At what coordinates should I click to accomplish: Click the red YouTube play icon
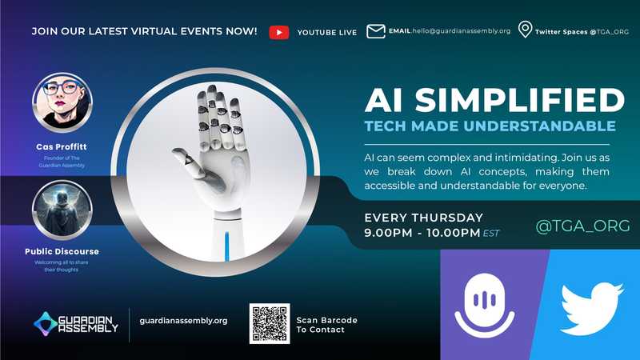tap(279, 32)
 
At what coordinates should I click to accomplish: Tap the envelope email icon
tap(375, 31)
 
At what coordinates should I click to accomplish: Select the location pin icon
tap(525, 30)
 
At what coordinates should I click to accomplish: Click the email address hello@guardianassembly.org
tap(462, 31)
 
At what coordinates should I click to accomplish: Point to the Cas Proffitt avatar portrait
tap(62, 102)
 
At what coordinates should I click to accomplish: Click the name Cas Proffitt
tap(62, 146)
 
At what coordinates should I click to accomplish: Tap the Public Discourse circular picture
tap(62, 210)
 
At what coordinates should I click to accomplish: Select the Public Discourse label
tap(62, 251)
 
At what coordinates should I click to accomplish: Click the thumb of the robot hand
tap(190, 162)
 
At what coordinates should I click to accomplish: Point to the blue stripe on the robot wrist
tap(227, 246)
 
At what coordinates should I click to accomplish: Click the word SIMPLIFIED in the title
tap(519, 101)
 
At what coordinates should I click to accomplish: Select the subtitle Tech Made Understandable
tap(490, 126)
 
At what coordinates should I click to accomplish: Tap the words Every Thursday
tap(424, 218)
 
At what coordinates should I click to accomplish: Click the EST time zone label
tap(491, 234)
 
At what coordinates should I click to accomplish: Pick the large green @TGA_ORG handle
tap(582, 226)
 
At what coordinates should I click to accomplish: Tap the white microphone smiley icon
tap(485, 306)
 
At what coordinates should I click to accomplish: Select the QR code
tap(270, 323)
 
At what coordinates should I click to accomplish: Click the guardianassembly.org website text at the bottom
tap(183, 321)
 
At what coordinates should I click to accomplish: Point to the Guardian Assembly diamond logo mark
tap(46, 324)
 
